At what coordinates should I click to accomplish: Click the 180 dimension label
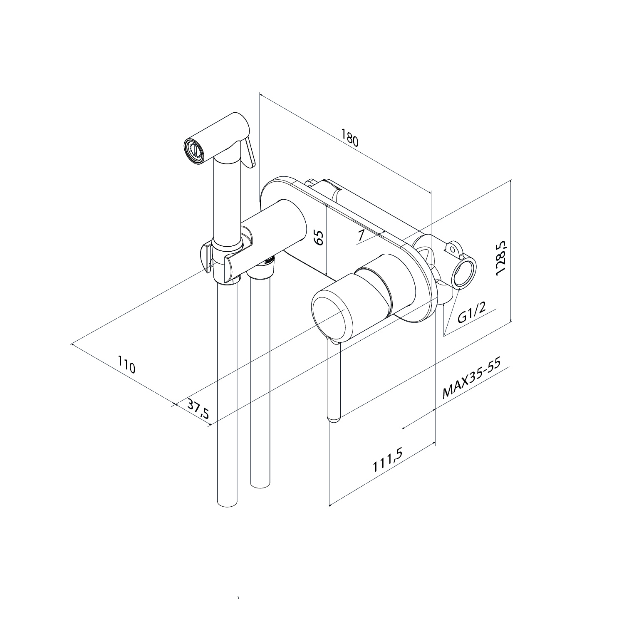point(349,138)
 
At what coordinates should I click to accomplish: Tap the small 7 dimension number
point(361,235)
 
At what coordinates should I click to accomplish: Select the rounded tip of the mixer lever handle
point(334,418)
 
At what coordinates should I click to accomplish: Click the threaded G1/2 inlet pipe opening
point(464,272)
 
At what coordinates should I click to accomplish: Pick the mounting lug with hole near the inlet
point(452,248)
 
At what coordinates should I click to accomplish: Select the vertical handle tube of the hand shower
point(227,196)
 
